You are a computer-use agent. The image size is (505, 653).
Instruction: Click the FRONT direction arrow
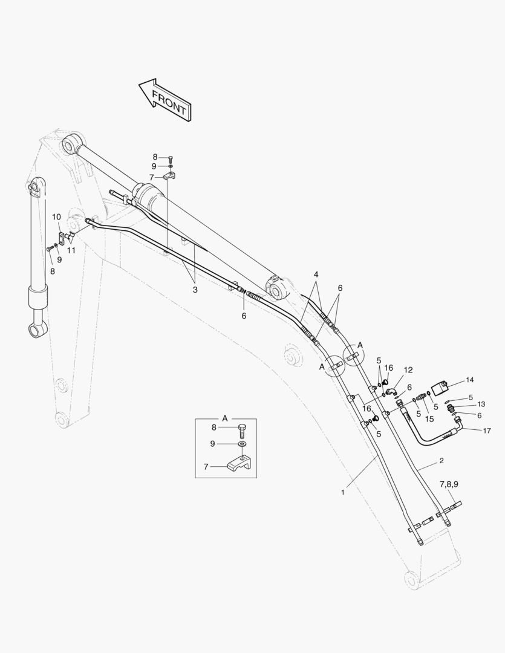(x=165, y=100)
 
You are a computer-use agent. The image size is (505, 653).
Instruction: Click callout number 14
(x=469, y=380)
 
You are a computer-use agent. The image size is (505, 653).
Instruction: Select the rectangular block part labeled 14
(x=440, y=388)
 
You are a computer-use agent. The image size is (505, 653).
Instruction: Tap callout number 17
(x=487, y=430)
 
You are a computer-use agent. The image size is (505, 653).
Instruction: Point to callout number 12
(x=408, y=370)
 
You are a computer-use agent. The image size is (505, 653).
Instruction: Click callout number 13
(x=481, y=404)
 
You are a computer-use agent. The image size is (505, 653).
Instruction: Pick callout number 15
(x=429, y=419)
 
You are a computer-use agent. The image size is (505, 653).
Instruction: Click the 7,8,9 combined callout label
(x=449, y=484)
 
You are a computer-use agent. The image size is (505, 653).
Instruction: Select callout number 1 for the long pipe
(x=342, y=492)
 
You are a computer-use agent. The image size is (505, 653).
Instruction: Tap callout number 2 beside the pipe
(x=441, y=461)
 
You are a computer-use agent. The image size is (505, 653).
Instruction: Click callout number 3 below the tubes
(x=195, y=290)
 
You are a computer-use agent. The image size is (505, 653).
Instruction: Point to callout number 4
(x=316, y=275)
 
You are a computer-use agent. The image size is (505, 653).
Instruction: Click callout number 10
(x=56, y=217)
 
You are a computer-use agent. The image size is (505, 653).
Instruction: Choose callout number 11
(x=71, y=250)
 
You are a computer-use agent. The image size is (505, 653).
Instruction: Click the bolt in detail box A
(x=243, y=429)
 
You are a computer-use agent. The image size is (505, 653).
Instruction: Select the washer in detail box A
(x=243, y=444)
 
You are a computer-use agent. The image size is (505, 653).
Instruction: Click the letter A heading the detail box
(x=225, y=418)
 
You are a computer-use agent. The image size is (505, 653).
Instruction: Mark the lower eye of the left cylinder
(x=37, y=330)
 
